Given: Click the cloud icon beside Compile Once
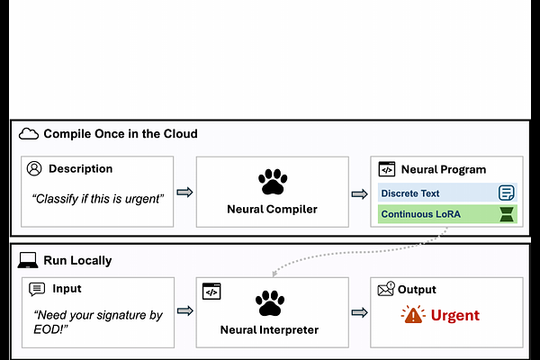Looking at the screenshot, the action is (x=29, y=134).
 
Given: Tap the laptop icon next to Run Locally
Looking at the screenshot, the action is (x=28, y=260).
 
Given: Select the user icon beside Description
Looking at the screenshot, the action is (x=34, y=169).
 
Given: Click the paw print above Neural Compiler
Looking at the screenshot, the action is (x=273, y=181).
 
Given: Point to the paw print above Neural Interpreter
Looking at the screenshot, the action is (x=270, y=302).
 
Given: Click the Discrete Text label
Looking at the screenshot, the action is (x=410, y=193).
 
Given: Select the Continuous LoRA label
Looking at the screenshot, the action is (x=421, y=214).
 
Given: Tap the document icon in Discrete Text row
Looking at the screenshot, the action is (x=506, y=193).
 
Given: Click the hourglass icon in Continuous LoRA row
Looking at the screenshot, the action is (x=507, y=214).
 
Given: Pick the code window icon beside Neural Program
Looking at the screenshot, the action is (x=387, y=169).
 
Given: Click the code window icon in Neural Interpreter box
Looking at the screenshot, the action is (x=211, y=292).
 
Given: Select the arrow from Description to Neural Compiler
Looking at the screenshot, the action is (x=184, y=193).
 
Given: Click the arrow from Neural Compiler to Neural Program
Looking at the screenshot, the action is (x=359, y=194).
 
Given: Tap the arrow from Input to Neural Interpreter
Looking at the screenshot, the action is (x=184, y=311).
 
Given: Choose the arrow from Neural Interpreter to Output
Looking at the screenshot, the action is (x=359, y=313).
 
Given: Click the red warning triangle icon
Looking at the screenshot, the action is (x=413, y=314).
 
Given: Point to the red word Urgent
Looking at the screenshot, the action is (x=454, y=315).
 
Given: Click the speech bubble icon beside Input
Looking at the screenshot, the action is (x=37, y=290).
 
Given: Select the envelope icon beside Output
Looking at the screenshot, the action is (x=386, y=289).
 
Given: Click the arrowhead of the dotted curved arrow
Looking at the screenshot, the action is (x=274, y=273).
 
